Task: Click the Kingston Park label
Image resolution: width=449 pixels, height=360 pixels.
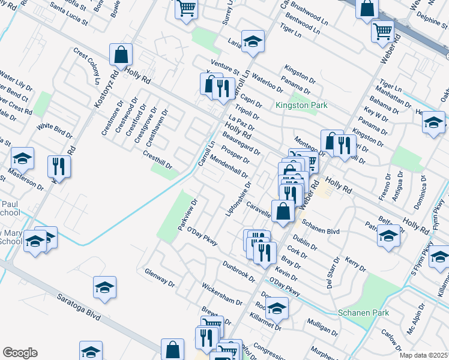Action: click(301, 105)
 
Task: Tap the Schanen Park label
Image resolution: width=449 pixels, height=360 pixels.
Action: click(364, 313)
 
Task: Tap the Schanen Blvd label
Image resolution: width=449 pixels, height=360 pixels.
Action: click(321, 226)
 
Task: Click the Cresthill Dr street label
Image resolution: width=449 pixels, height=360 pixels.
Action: click(157, 160)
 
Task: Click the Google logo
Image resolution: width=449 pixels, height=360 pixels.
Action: click(20, 353)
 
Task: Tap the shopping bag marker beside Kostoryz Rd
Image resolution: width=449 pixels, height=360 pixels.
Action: click(121, 55)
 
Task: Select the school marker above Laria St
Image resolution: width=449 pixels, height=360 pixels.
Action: click(253, 41)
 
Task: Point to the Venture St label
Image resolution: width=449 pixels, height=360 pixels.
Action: click(224, 68)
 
